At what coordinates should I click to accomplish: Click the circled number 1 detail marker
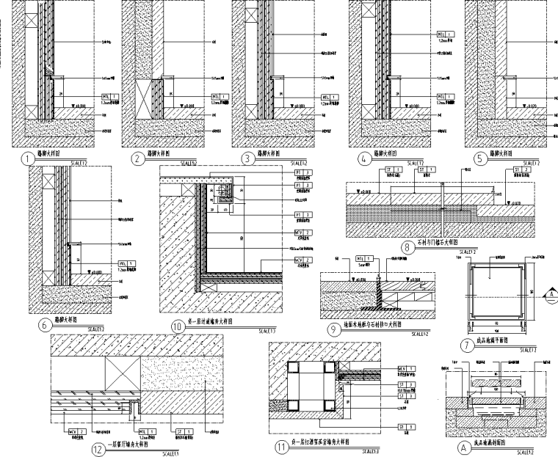pos(27,158)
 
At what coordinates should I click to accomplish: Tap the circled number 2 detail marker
pos(137,158)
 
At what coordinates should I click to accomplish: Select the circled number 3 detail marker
pos(249,157)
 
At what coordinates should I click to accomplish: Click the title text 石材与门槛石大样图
pos(439,241)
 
